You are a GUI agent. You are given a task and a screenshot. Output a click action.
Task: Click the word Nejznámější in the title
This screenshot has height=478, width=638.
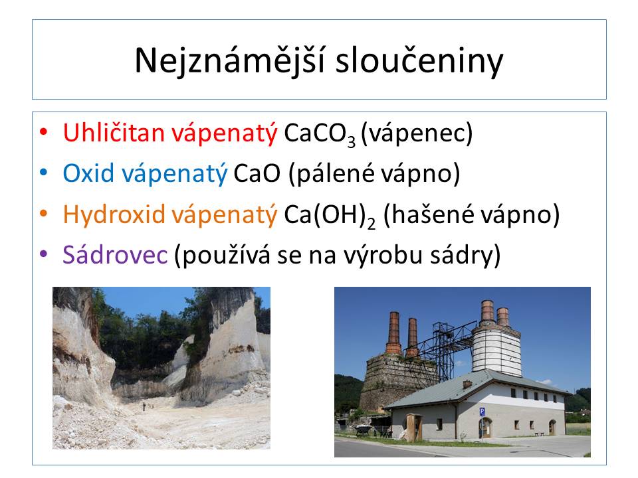pyautogui.click(x=230, y=60)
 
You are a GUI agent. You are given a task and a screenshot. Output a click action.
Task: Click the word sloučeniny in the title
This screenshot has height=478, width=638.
pyautogui.click(x=419, y=60)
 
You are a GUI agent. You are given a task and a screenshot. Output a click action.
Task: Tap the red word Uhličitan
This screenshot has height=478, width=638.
pyautogui.click(x=114, y=133)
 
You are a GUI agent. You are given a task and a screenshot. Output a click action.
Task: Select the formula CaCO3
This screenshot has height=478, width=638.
pyautogui.click(x=320, y=134)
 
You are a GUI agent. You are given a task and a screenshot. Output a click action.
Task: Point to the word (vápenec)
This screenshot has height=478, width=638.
pyautogui.click(x=417, y=133)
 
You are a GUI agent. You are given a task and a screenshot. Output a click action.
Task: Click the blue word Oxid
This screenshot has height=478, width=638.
pyautogui.click(x=88, y=173)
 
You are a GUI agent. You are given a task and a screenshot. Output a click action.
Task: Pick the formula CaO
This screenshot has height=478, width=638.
pyautogui.click(x=257, y=173)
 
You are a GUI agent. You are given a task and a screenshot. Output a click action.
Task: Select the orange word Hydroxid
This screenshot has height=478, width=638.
pyautogui.click(x=114, y=214)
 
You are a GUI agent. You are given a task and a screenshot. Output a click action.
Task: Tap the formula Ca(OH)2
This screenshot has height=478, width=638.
pyautogui.click(x=330, y=215)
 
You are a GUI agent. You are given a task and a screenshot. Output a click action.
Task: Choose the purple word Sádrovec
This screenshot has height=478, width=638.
pyautogui.click(x=115, y=255)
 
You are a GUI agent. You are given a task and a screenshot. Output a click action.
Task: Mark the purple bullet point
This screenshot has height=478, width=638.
pyautogui.click(x=44, y=254)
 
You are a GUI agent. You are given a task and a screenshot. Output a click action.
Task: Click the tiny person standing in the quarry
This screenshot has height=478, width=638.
pyautogui.click(x=144, y=406)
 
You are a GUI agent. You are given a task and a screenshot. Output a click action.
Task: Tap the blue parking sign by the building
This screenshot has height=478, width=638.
pyautogui.click(x=482, y=412)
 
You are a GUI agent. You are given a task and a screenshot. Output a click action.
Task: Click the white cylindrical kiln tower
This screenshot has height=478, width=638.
pyautogui.click(x=496, y=350)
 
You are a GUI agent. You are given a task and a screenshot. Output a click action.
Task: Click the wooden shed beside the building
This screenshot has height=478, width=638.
pyautogui.click(x=414, y=427)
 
